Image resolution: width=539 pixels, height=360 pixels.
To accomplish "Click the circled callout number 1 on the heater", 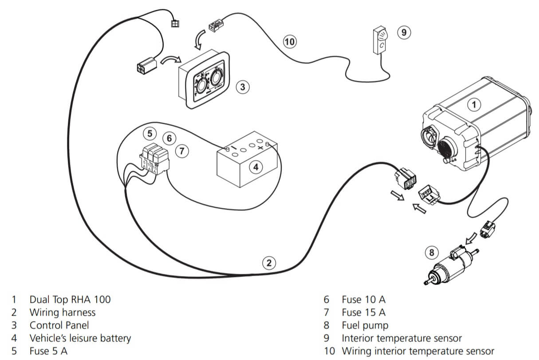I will (474, 105).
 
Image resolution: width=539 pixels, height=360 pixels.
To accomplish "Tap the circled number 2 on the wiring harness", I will (268, 263).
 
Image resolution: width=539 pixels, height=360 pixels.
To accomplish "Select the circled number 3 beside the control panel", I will (242, 87).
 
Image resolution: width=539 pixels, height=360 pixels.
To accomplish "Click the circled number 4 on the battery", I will (256, 167).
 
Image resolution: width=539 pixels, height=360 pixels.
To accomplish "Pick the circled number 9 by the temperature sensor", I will (403, 32).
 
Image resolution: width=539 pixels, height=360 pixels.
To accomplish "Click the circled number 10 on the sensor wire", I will (289, 42).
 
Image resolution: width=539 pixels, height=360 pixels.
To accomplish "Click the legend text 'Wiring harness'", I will (62, 313).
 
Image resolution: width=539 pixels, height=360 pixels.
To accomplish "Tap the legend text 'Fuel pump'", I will (365, 325).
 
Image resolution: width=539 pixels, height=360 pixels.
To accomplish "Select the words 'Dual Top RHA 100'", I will (70, 300).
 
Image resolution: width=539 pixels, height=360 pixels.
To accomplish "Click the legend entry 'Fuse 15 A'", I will (363, 313).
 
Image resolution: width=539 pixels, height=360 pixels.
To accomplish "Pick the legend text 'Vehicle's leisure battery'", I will (80, 338).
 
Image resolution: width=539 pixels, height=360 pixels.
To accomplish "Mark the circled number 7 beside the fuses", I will (181, 151).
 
